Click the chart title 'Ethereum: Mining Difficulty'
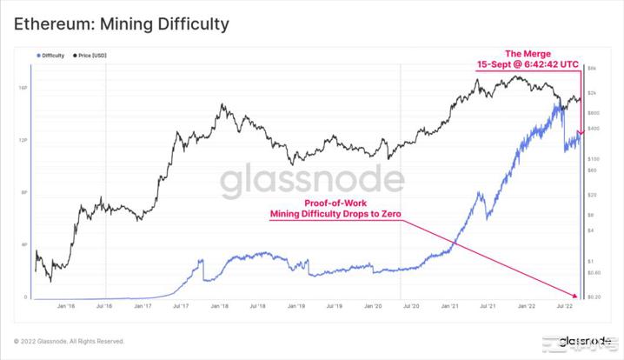point(122,23)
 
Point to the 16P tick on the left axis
point(23,87)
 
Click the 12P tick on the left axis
point(23,140)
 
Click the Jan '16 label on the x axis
point(65,306)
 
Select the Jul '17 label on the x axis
point(182,306)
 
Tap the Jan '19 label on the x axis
point(297,306)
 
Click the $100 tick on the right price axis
point(593,159)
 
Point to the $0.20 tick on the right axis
point(593,297)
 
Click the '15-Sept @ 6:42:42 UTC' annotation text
point(529,64)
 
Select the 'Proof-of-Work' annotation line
point(335,201)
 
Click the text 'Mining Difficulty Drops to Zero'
point(335,213)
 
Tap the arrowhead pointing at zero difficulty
point(574,294)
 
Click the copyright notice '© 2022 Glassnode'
point(69,341)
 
